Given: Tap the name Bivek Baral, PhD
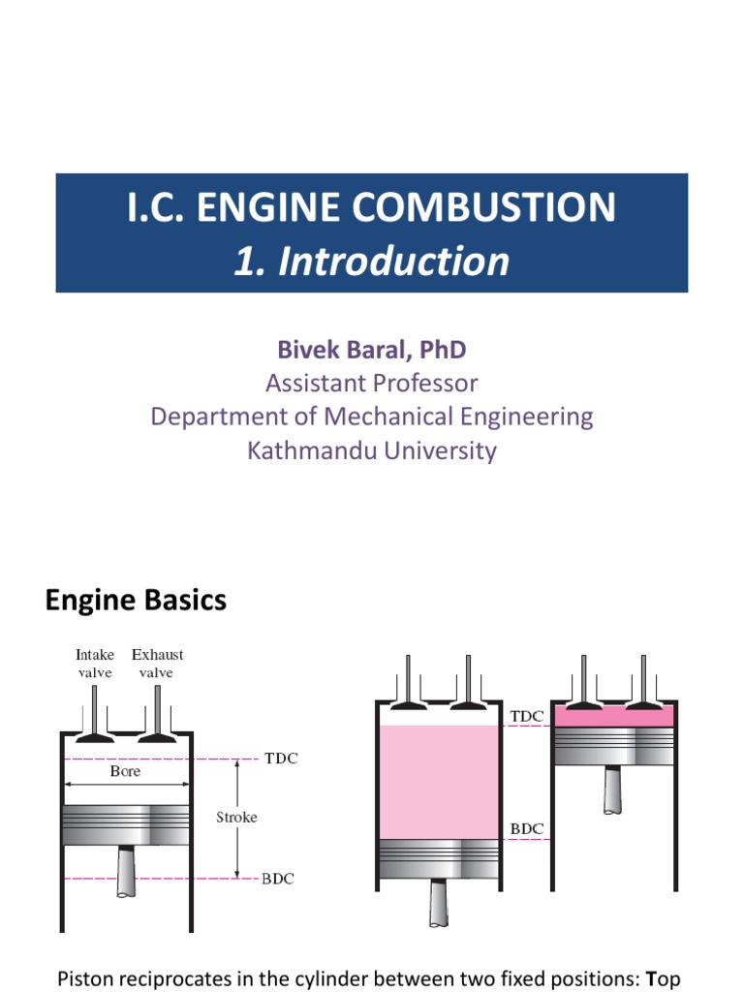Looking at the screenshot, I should pyautogui.click(x=372, y=349).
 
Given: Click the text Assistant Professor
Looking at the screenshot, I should pyautogui.click(x=372, y=383).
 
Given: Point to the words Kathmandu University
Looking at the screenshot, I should pyautogui.click(x=372, y=450).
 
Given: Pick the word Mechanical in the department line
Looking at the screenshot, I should pyautogui.click(x=387, y=417).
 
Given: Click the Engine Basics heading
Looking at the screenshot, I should pyautogui.click(x=136, y=601).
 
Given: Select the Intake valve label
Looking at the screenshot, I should pyautogui.click(x=95, y=664).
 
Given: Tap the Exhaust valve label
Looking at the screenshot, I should pyautogui.click(x=157, y=664).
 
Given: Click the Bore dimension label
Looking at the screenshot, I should pyautogui.click(x=125, y=771).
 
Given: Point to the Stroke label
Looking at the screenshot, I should pyautogui.click(x=236, y=817).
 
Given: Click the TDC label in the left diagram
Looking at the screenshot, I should pyautogui.click(x=281, y=759).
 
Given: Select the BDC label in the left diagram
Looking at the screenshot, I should pyautogui.click(x=278, y=880).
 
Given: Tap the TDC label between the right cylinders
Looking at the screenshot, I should pyautogui.click(x=528, y=717).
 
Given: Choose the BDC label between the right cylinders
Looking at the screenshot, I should pyautogui.click(x=528, y=829).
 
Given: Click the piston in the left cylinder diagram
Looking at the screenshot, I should pyautogui.click(x=125, y=824).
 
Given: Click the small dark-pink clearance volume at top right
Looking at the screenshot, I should pyautogui.click(x=612, y=716).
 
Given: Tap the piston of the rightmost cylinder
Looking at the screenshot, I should pyautogui.click(x=612, y=746).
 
